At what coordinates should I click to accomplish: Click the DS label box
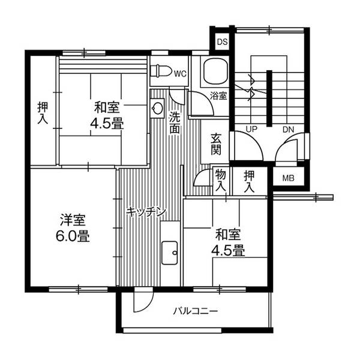(x=223, y=41)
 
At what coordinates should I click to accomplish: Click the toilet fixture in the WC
(x=161, y=70)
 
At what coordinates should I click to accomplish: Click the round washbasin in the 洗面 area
(x=157, y=109)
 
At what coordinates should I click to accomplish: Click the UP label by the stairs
(x=252, y=129)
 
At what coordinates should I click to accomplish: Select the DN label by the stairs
(x=288, y=129)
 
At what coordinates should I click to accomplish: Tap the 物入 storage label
(x=220, y=181)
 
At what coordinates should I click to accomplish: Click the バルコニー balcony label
(x=196, y=311)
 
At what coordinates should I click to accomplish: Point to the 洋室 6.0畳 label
(x=74, y=227)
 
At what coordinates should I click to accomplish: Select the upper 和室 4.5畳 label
(x=107, y=116)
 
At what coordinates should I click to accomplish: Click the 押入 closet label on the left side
(x=43, y=113)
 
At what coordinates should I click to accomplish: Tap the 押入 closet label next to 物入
(x=249, y=181)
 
